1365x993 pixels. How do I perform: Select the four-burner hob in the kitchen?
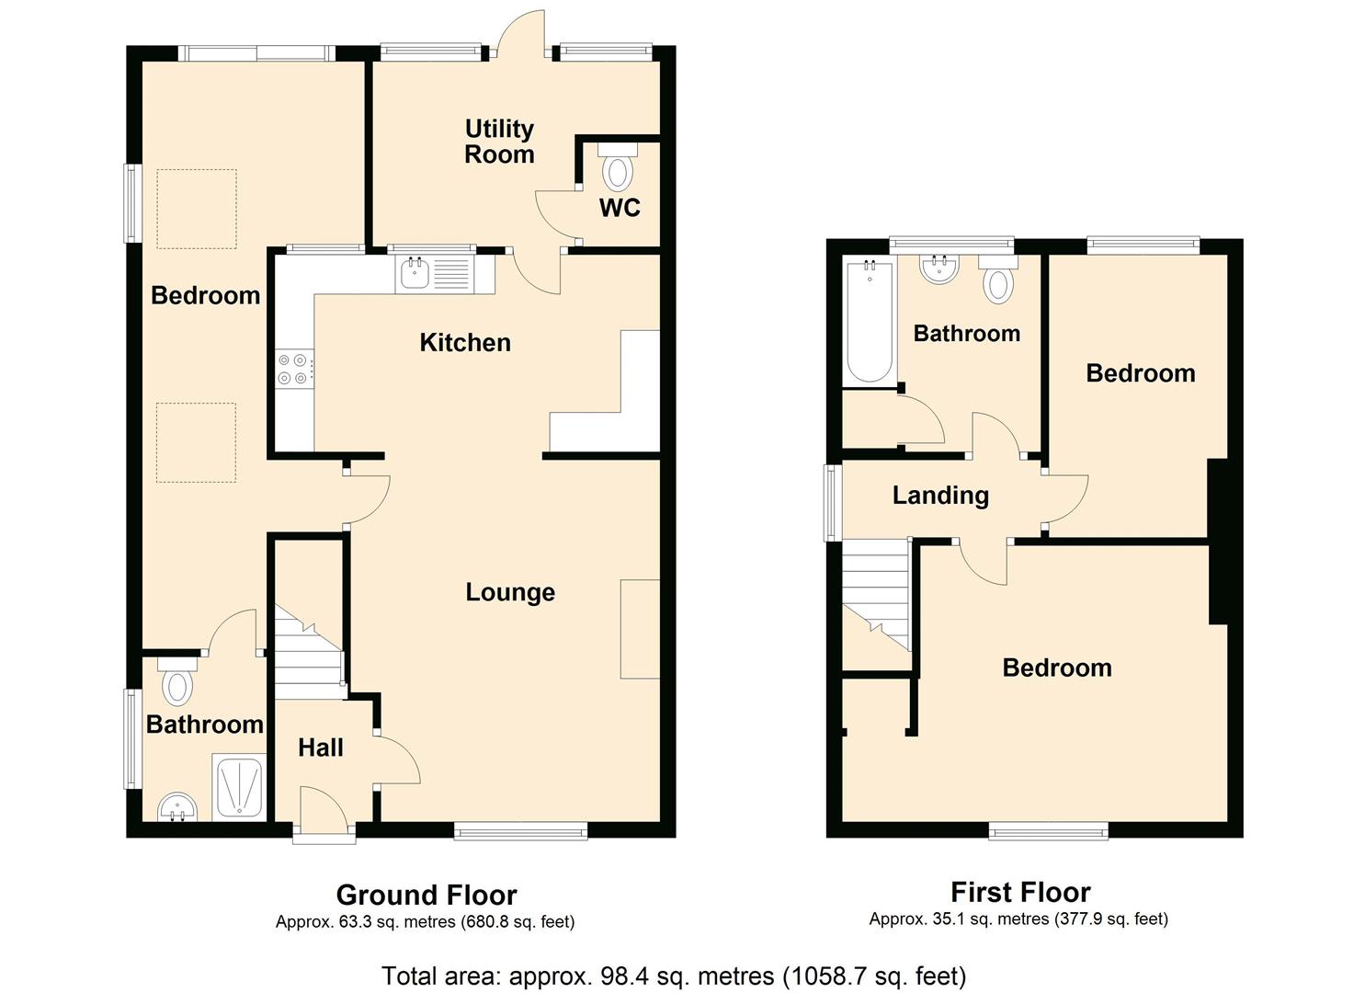pyautogui.click(x=294, y=369)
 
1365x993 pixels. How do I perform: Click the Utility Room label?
pyautogui.click(x=499, y=142)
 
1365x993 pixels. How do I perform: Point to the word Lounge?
pyautogui.click(x=510, y=592)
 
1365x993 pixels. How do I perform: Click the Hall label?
pyautogui.click(x=321, y=748)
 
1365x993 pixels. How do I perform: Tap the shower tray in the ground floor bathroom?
pyautogui.click(x=239, y=789)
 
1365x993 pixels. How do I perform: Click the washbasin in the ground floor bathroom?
pyautogui.click(x=176, y=808)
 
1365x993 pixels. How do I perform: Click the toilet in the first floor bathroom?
pyautogui.click(x=998, y=280)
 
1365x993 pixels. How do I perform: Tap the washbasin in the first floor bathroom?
pyautogui.click(x=939, y=268)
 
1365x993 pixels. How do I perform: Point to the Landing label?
pyautogui.click(x=940, y=496)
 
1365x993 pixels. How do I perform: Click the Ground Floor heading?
pyautogui.click(x=427, y=895)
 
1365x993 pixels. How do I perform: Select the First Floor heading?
pyautogui.click(x=1020, y=892)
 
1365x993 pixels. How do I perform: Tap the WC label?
pyautogui.click(x=620, y=208)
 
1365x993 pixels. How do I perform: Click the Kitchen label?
pyautogui.click(x=465, y=343)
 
